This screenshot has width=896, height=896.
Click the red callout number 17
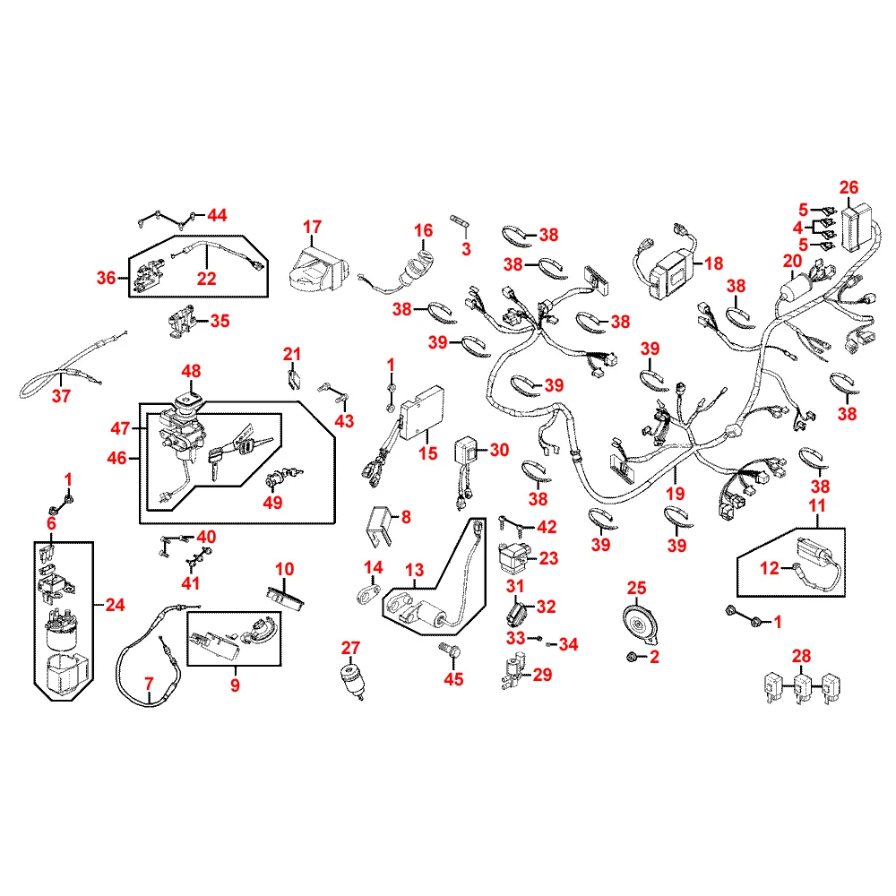click(x=312, y=227)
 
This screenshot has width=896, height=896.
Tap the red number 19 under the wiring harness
click(x=675, y=493)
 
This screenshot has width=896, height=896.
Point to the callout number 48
click(x=191, y=371)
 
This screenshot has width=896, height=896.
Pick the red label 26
click(x=849, y=187)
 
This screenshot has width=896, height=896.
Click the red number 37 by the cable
click(x=61, y=395)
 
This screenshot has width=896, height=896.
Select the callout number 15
click(x=427, y=453)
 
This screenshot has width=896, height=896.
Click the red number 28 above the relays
click(x=801, y=656)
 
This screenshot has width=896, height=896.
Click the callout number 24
click(x=115, y=605)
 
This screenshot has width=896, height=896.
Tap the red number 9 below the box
click(x=235, y=685)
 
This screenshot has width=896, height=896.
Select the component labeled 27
click(x=351, y=680)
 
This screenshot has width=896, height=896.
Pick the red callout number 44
click(x=217, y=215)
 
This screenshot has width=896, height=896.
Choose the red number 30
click(x=499, y=450)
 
